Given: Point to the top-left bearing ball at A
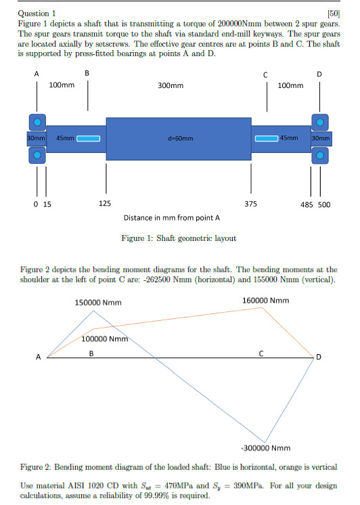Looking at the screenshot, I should tap(37, 122).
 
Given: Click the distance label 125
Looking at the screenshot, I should tap(106, 202).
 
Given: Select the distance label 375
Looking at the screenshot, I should tap(250, 202).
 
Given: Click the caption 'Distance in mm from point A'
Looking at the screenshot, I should tap(172, 218).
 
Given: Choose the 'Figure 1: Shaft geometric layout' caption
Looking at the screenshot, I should tap(179, 238).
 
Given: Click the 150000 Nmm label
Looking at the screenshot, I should tap(98, 302).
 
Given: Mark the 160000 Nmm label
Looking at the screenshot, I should tap(265, 300).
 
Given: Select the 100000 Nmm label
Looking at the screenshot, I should tap(104, 338).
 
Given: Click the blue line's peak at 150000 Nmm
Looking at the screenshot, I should tap(94, 311).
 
